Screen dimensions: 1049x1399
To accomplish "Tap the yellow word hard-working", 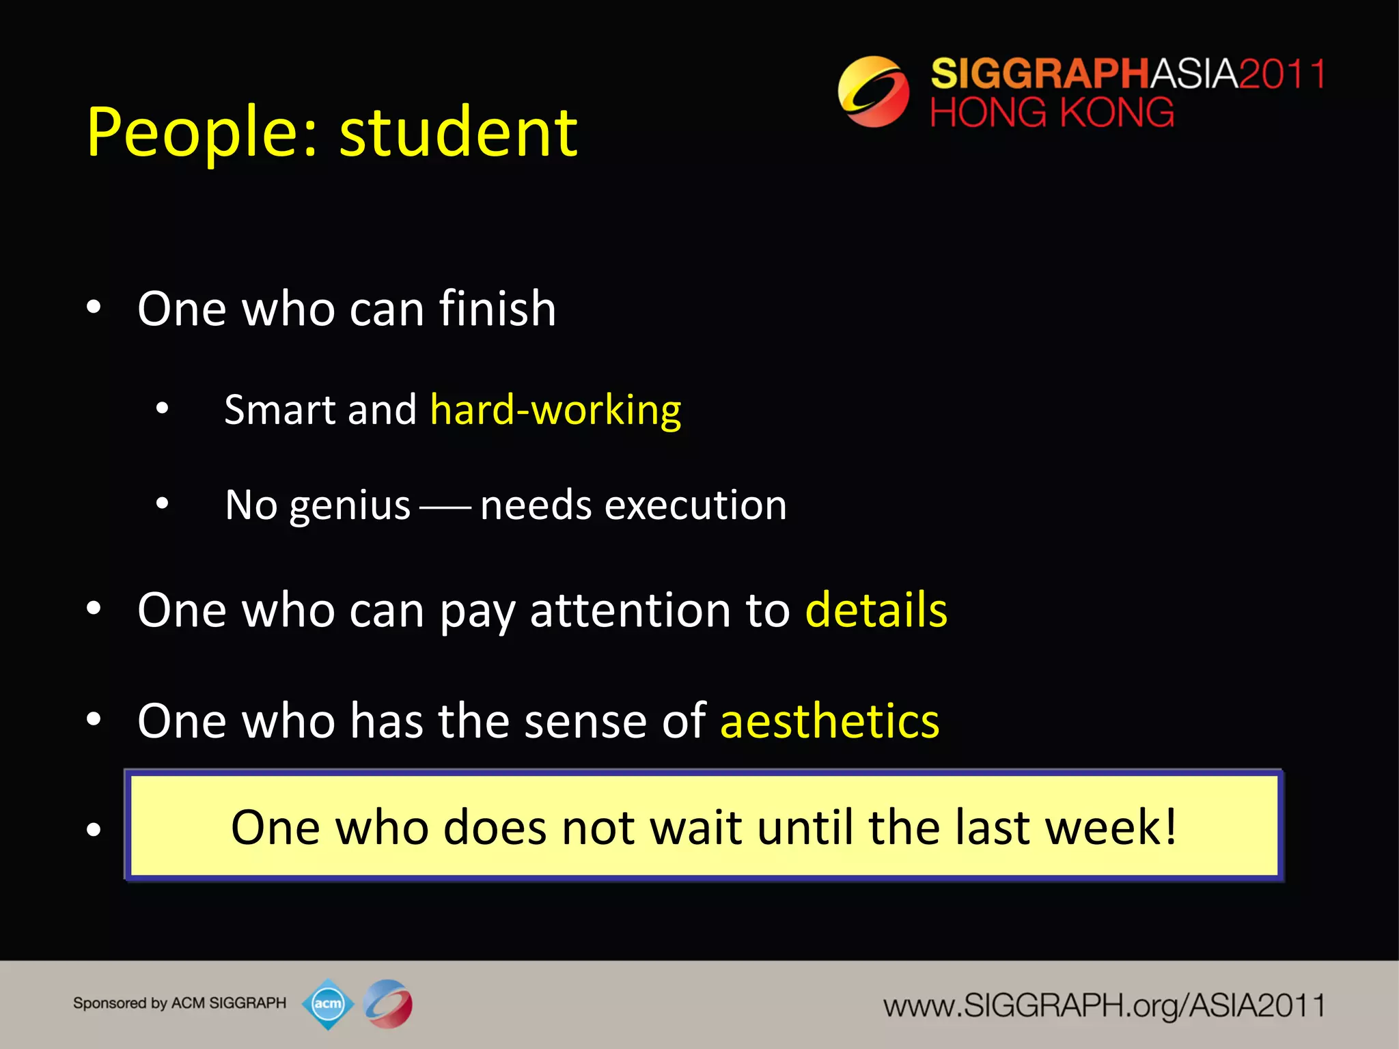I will click(555, 410).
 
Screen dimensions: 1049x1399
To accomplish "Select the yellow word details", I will click(876, 609).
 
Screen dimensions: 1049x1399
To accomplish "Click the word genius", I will click(349, 506).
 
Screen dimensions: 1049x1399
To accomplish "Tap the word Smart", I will click(280, 410).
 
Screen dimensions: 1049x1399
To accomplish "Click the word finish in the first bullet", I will click(497, 309).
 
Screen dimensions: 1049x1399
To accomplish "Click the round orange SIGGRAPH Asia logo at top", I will click(873, 92).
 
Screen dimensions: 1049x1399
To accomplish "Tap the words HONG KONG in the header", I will click(1052, 112).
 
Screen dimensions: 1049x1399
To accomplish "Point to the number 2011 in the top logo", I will click(1282, 74).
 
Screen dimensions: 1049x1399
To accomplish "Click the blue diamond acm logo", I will click(328, 1004).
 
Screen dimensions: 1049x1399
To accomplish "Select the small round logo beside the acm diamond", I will click(388, 1004).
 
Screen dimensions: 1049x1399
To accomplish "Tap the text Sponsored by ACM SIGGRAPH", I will click(180, 1003).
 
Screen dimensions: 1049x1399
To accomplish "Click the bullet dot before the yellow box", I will click(94, 829).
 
